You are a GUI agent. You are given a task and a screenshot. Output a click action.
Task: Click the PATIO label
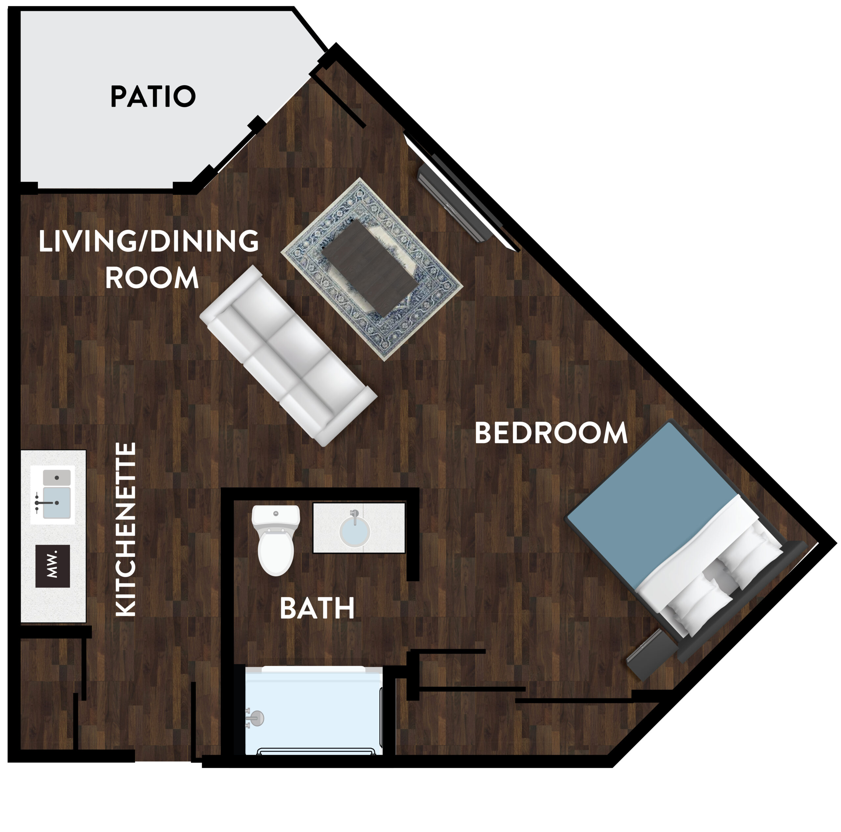pyautogui.click(x=153, y=96)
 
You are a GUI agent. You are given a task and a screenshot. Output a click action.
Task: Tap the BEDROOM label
pyautogui.click(x=551, y=433)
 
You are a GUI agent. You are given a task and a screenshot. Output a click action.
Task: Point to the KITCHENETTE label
pyautogui.click(x=126, y=529)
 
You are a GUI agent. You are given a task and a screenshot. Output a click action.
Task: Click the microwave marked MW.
pyautogui.click(x=52, y=566)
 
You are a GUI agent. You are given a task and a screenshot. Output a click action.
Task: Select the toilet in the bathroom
pyautogui.click(x=276, y=540)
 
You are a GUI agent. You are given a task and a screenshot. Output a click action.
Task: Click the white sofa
pyautogui.click(x=288, y=356)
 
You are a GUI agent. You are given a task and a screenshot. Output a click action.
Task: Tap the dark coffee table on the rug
pyautogui.click(x=369, y=268)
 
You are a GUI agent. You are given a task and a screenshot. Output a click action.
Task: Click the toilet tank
pyautogui.click(x=276, y=515)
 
